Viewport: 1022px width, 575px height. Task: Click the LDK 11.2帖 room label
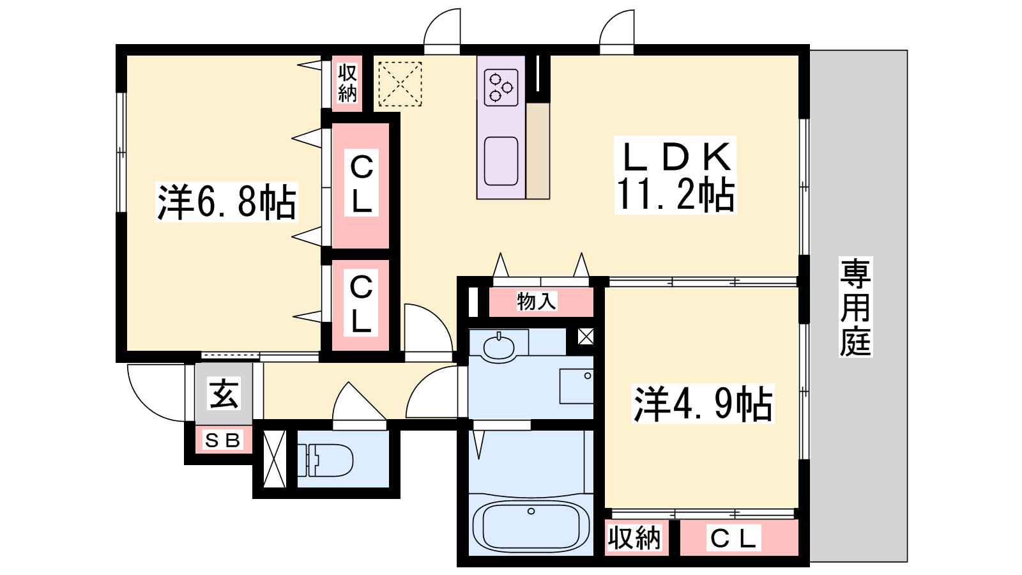[x=675, y=176]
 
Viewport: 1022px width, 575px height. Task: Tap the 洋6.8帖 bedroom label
[x=227, y=202]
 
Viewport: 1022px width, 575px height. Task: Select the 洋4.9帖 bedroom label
[x=703, y=404]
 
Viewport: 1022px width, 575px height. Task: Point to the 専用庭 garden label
[x=855, y=307]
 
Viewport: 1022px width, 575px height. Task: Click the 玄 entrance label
[x=224, y=393]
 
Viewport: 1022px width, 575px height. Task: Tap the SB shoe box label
[x=223, y=440]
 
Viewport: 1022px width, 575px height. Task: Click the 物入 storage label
[x=537, y=301]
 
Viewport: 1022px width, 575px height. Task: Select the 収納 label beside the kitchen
[x=347, y=83]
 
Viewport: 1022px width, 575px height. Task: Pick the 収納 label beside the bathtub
[x=634, y=538]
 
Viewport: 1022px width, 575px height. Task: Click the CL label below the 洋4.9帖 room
[x=733, y=539]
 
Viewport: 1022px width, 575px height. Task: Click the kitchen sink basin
[x=501, y=161]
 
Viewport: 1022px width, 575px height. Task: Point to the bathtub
[x=531, y=527]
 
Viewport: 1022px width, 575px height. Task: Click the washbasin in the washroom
[x=499, y=348]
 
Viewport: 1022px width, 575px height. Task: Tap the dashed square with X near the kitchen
[x=400, y=84]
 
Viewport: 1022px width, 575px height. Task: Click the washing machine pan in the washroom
[x=576, y=386]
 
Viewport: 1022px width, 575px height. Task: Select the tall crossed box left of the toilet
[x=275, y=459]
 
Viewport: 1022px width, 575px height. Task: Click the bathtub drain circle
[x=531, y=511]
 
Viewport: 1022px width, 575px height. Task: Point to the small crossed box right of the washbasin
[x=585, y=337]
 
